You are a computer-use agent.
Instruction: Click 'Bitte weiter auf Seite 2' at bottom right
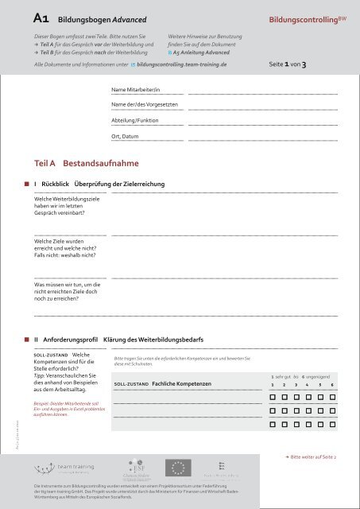point(310,458)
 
